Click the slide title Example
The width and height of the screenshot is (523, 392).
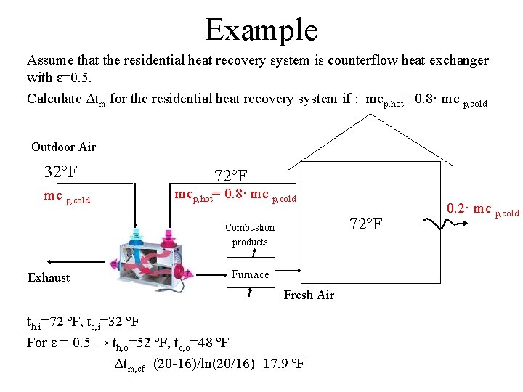tap(261, 30)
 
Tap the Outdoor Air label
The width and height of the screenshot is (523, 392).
tap(64, 147)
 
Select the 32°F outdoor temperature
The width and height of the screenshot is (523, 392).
tap(61, 172)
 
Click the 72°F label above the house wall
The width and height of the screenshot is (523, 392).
tap(231, 176)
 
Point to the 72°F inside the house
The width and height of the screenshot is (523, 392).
tap(366, 223)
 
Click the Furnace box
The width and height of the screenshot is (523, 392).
tap(250, 274)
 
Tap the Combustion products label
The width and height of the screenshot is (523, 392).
tap(250, 234)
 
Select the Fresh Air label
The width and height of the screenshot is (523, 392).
tap(309, 295)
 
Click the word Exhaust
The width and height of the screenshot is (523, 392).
tap(49, 277)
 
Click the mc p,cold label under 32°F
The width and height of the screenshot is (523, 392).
tap(67, 197)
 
